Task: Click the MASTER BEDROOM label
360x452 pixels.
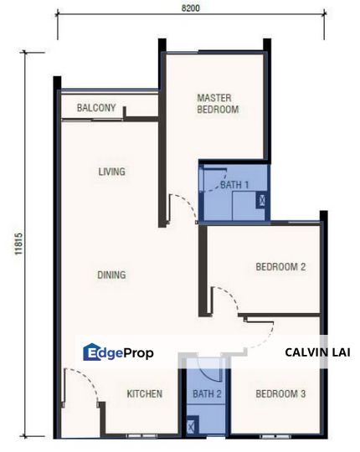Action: tap(218, 103)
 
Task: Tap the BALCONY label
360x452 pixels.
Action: tap(96, 107)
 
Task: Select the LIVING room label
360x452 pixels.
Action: tap(111, 172)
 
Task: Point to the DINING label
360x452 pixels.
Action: tap(111, 275)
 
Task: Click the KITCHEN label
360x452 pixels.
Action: tap(144, 393)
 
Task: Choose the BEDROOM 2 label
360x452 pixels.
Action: tap(280, 267)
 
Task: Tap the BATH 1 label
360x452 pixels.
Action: tap(234, 184)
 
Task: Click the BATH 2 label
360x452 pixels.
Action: tap(207, 393)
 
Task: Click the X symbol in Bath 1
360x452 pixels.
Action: tap(263, 201)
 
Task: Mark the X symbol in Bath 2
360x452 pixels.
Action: tap(193, 427)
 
